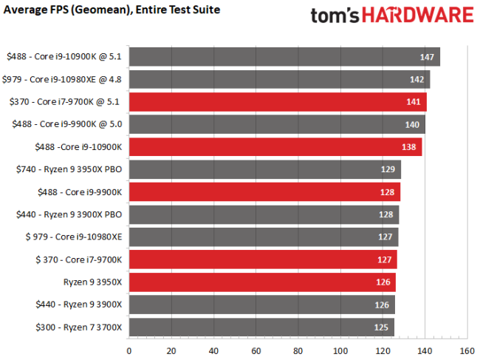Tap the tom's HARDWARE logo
tap(392, 16)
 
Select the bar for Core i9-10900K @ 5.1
tap(284, 57)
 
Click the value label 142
tap(419, 80)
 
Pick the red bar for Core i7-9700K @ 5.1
tap(278, 102)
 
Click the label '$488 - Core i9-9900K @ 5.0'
tap(66, 124)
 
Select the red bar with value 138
tap(275, 147)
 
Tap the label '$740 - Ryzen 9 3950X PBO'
tap(69, 169)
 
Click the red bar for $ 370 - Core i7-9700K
tap(263, 259)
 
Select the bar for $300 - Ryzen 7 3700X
tap(261, 327)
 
